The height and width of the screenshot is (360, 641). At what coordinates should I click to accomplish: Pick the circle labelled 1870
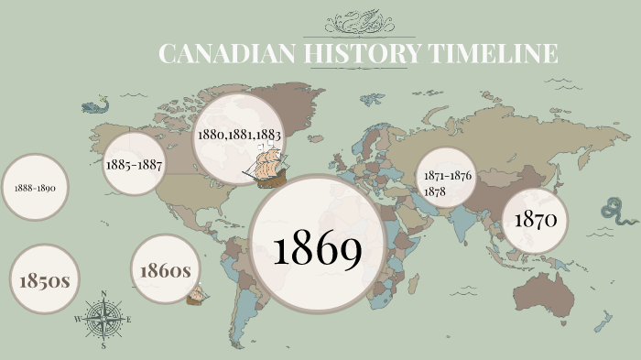(x=537, y=220)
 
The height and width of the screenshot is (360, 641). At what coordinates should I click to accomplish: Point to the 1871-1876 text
(x=449, y=176)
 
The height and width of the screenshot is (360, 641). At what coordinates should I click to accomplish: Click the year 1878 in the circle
(x=436, y=191)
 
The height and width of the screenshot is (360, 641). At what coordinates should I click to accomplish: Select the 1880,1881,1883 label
(x=238, y=134)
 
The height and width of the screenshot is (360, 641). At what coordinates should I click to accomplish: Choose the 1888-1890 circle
(x=36, y=187)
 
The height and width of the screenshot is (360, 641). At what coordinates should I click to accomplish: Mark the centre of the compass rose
(x=103, y=320)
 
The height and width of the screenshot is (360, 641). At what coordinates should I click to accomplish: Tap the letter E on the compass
(x=129, y=320)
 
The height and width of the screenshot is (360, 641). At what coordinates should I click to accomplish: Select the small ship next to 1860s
(x=197, y=295)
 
